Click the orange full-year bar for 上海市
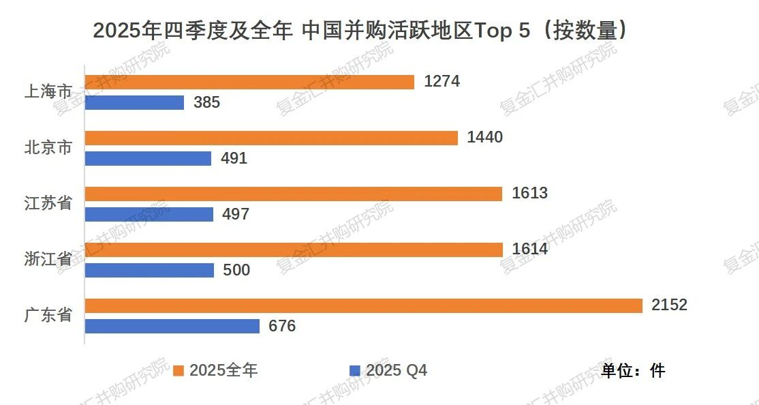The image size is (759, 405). (249, 82)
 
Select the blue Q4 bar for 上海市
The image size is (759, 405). (134, 102)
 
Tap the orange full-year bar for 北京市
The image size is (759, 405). (271, 138)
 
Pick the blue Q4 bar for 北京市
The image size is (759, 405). (148, 158)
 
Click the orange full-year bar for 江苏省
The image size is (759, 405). (293, 194)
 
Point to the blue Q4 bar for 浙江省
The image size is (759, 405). (149, 270)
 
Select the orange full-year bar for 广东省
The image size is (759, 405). (363, 305)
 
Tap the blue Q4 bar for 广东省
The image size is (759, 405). (172, 326)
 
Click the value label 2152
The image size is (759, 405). (669, 305)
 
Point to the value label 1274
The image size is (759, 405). (442, 81)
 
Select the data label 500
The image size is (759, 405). (236, 270)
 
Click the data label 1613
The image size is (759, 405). (529, 193)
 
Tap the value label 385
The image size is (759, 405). (207, 102)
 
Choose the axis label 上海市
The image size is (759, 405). (48, 91)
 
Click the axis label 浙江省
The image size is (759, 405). (48, 259)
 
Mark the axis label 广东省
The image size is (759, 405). (48, 315)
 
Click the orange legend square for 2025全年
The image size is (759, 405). (179, 370)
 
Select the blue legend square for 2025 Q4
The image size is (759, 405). (354, 370)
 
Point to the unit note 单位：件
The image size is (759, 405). (632, 370)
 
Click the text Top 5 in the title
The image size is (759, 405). (503, 31)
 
